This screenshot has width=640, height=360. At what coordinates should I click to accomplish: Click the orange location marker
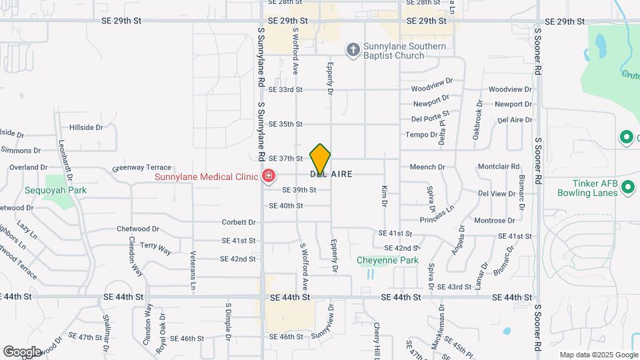click(320, 159)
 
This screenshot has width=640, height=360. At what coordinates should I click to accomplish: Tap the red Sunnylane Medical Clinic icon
click(268, 177)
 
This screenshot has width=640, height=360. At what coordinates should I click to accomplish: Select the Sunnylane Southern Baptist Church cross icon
click(353, 49)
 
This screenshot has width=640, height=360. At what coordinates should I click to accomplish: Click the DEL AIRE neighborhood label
click(340, 174)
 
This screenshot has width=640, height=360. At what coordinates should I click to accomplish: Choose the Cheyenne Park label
click(387, 260)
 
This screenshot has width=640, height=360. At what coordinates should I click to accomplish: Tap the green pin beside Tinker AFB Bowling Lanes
click(627, 189)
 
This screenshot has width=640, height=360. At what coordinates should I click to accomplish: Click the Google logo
click(22, 351)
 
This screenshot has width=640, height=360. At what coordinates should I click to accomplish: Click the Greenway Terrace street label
click(142, 168)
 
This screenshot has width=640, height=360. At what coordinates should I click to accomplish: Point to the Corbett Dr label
click(239, 222)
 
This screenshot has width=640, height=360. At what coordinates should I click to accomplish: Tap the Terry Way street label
click(155, 249)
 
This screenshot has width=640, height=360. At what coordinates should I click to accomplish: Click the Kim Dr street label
click(385, 195)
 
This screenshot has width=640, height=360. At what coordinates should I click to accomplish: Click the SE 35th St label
click(285, 124)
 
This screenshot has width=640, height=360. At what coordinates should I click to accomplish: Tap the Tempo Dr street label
click(421, 135)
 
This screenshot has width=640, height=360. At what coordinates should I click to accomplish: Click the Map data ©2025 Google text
click(597, 355)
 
